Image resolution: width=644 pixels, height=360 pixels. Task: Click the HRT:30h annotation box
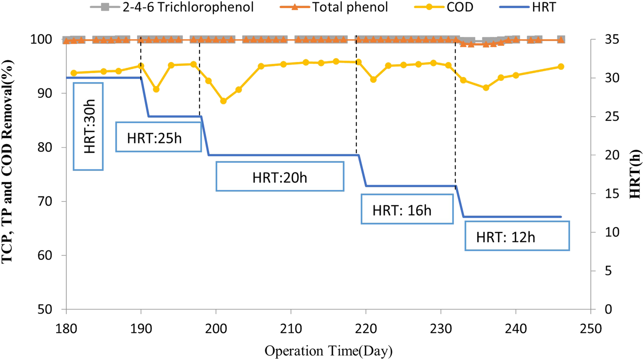tap(88, 126)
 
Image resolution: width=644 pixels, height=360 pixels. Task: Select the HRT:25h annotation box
tap(158, 137)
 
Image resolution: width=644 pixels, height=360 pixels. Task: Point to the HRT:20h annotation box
tap(279, 176)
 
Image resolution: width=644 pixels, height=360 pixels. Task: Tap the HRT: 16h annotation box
tap(407, 209)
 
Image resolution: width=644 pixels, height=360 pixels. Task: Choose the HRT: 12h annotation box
tap(517, 236)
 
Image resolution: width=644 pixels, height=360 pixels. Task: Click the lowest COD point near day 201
tap(223, 101)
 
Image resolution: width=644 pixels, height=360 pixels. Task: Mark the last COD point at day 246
tap(561, 67)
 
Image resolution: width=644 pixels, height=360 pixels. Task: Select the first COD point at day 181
tap(73, 73)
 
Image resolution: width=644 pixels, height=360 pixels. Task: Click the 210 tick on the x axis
tap(291, 328)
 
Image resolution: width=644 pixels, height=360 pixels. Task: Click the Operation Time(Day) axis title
tap(328, 351)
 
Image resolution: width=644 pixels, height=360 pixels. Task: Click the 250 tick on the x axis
tap(591, 328)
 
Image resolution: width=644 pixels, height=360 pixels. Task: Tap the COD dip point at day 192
tap(156, 89)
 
